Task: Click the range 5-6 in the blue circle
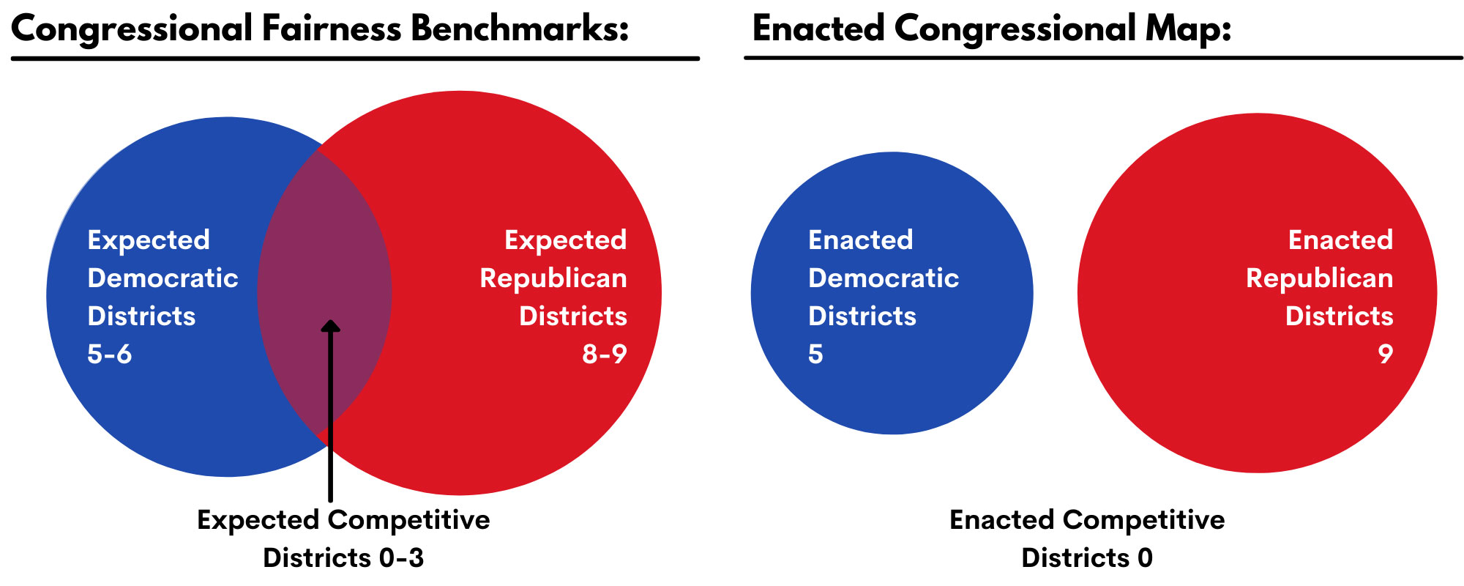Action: coord(110,354)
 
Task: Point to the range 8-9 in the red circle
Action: coord(605,354)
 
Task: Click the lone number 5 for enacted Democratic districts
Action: coord(815,354)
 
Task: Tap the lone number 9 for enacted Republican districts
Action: coord(1385,354)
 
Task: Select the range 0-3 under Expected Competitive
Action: coord(401,557)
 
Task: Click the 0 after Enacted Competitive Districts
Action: coord(1146,557)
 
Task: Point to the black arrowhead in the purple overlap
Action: coord(331,326)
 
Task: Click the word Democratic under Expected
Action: coord(163,278)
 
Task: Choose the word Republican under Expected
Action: coord(553,278)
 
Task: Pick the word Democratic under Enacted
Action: coord(884,278)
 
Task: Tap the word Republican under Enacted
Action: coord(1319,278)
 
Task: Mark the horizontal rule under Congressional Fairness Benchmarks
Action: coord(355,58)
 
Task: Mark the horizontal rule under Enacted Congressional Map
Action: coord(1104,57)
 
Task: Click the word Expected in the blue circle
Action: coord(149,240)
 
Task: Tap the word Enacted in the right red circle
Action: coord(1340,240)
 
